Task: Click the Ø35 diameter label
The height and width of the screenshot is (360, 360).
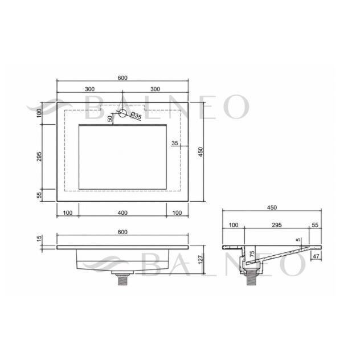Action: [136, 116]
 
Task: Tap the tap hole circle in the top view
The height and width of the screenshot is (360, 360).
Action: [122, 113]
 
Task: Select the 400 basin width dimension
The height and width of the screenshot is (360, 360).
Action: [122, 213]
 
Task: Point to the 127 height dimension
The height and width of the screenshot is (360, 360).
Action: [201, 259]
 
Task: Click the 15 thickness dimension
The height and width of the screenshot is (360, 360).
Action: [39, 238]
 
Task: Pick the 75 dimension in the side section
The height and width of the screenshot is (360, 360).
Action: [252, 254]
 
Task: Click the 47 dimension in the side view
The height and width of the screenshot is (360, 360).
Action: [316, 256]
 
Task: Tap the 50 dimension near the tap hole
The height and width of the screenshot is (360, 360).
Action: [110, 118]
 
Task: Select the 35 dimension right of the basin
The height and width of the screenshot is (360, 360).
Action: [175, 143]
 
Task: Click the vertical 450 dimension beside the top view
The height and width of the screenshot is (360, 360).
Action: [201, 152]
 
